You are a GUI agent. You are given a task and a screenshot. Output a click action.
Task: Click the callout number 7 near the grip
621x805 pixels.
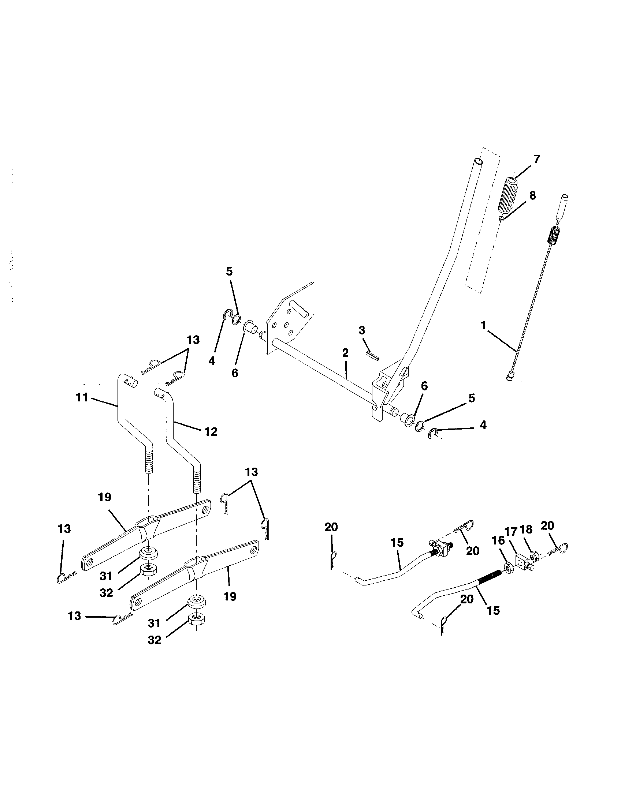536,159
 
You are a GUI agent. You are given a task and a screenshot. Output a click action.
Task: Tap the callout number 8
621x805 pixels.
532,195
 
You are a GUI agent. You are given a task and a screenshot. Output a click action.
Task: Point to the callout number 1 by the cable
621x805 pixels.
483,325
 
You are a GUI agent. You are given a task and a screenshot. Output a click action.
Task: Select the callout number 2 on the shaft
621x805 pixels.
345,353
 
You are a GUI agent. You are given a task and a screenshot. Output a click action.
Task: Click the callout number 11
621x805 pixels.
82,397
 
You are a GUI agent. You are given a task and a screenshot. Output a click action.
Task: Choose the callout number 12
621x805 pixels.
211,431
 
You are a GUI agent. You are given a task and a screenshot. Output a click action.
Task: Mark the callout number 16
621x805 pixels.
498,540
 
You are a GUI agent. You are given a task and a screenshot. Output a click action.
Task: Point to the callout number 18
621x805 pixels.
526,530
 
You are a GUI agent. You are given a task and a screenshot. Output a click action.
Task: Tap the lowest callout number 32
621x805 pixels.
155,640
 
